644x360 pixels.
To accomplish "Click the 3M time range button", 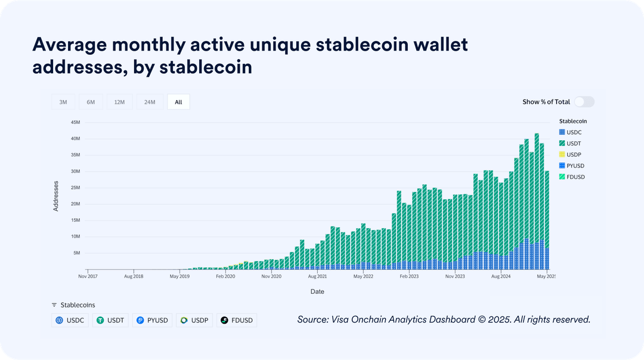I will tap(63, 102).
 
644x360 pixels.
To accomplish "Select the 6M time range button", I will tap(91, 102).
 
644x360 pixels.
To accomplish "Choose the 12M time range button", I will tap(119, 102).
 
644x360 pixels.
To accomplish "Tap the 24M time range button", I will tap(150, 102).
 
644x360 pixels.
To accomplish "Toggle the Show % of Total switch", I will tap(584, 102).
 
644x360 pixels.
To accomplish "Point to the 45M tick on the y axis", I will tap(76, 122).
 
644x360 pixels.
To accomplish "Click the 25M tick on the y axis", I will tap(76, 188).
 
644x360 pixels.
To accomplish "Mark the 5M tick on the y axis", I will tap(76, 253).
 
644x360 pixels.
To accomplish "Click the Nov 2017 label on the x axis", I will tap(88, 277).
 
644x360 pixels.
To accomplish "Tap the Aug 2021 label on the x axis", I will tap(317, 277).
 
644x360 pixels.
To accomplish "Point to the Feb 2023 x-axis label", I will tap(409, 277).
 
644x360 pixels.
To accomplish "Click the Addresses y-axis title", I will tap(56, 195).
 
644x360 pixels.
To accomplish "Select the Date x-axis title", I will tap(317, 291).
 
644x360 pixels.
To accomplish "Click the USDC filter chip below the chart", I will tap(70, 320).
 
